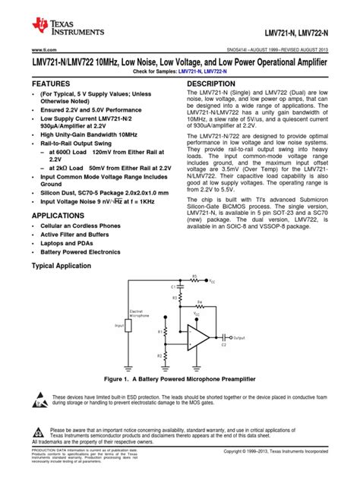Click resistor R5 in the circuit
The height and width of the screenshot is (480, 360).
pos(194,279)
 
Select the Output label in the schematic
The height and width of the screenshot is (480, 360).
pos(240,338)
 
